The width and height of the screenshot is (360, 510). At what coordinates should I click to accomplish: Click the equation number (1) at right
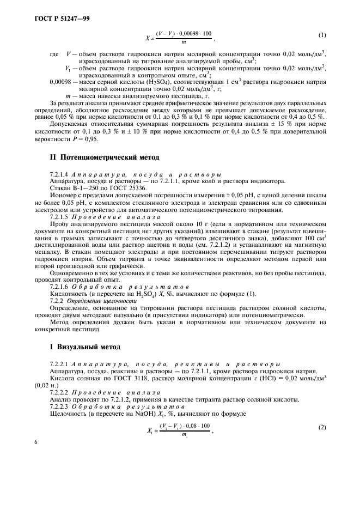(322, 35)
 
